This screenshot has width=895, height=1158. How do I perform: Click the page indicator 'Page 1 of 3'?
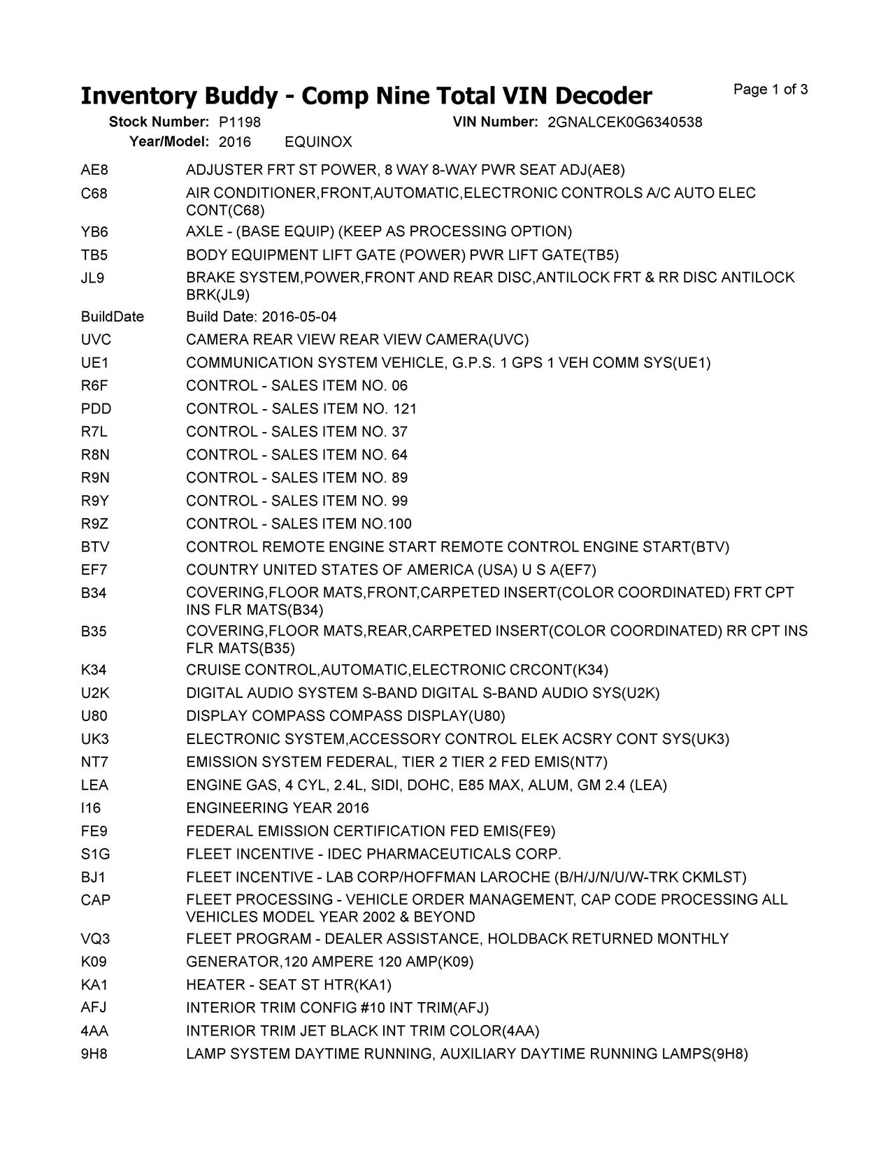pos(771,90)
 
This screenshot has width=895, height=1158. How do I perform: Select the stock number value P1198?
pos(240,122)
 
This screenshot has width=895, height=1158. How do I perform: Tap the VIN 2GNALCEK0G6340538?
pos(625,122)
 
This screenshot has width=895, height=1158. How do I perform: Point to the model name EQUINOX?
pos(318,142)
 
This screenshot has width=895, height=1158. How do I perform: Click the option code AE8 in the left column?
pos(94,170)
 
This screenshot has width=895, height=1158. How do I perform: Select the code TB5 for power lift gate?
pos(94,255)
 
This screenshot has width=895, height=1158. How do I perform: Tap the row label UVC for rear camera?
pos(96,340)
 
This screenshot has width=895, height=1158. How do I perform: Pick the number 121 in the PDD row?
pos(405,409)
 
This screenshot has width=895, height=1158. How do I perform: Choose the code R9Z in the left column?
pos(94,524)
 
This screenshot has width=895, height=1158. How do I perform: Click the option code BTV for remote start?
pos(95,547)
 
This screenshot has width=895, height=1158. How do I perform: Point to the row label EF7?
pos(94,570)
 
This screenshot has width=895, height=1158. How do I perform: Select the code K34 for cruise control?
pos(94,670)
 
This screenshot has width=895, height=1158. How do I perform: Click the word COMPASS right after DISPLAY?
pos(288,716)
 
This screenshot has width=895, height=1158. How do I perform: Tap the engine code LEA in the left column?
pos(94,785)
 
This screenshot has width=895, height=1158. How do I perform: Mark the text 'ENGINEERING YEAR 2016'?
pos(277,808)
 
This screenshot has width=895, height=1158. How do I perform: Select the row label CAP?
pos(96,900)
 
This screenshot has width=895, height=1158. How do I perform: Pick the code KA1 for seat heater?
pos(94,985)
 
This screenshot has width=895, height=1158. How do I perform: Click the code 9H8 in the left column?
pos(94,1054)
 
